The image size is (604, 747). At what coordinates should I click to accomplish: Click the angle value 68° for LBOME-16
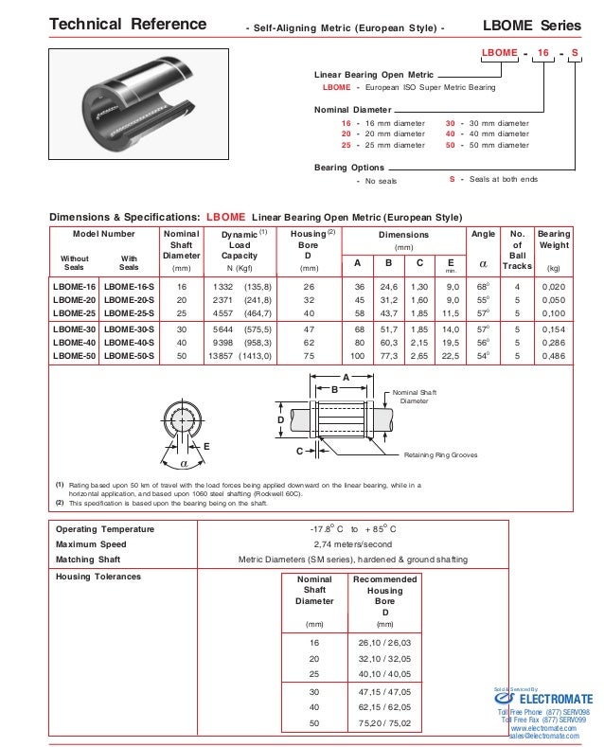(482, 286)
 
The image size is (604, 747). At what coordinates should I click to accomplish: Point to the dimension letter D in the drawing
(280, 418)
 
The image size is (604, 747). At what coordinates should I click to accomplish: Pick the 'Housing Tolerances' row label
(98, 576)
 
